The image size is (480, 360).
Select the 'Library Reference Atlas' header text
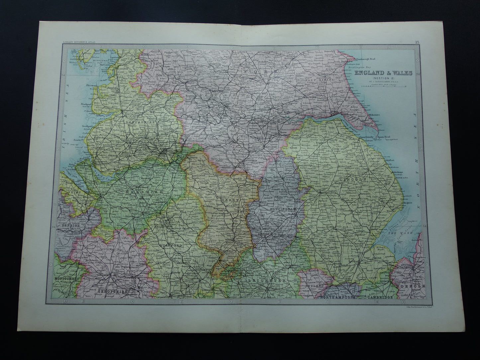tap(78, 42)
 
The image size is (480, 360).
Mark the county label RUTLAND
tap(313, 285)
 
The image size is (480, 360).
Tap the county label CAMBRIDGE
tap(380, 297)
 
